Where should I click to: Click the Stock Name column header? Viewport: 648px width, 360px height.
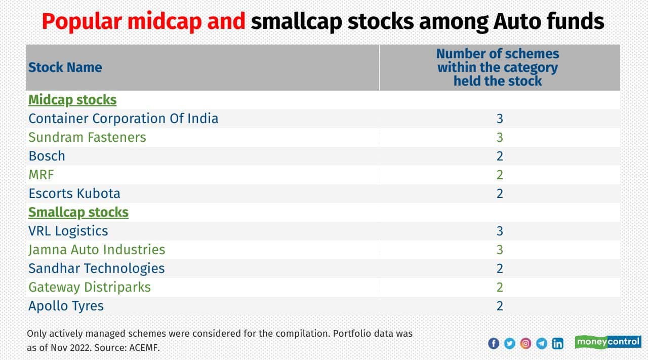65,67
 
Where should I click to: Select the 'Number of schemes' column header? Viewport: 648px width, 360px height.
497,67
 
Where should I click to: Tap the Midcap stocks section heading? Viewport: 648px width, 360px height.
72,100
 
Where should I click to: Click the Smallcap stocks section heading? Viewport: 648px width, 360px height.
78,212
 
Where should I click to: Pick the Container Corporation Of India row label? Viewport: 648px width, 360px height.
123,118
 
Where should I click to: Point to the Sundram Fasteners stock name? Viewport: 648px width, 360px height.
87,137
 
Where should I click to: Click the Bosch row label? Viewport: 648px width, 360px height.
47,156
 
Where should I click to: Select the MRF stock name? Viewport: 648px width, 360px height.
41,175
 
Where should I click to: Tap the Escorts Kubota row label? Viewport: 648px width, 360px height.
74,193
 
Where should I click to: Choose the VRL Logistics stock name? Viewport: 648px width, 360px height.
68,231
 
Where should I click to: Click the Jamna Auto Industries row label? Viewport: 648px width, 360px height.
97,250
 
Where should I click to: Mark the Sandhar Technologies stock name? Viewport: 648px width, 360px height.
96,268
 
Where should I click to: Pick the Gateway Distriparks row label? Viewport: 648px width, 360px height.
90,287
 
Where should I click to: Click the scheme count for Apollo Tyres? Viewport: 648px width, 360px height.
500,306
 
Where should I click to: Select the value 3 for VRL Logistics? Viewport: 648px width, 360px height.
500,231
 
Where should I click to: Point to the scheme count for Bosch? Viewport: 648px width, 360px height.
500,156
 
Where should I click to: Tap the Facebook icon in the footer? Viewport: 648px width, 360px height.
494,343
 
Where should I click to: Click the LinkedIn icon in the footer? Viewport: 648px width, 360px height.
557,343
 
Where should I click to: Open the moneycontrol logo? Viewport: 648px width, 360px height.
608,342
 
